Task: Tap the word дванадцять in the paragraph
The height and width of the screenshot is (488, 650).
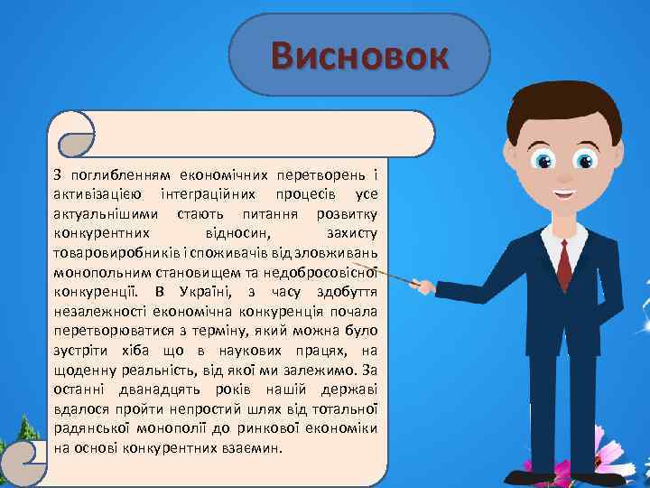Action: pyautogui.click(x=162, y=388)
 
